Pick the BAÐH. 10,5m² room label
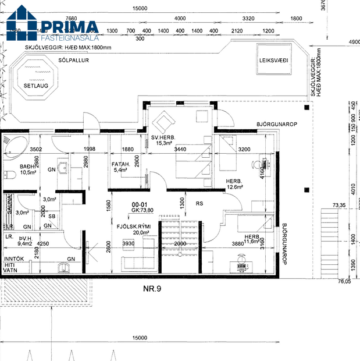(x=28, y=169)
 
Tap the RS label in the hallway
(x=199, y=204)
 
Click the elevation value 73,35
(x=338, y=206)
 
